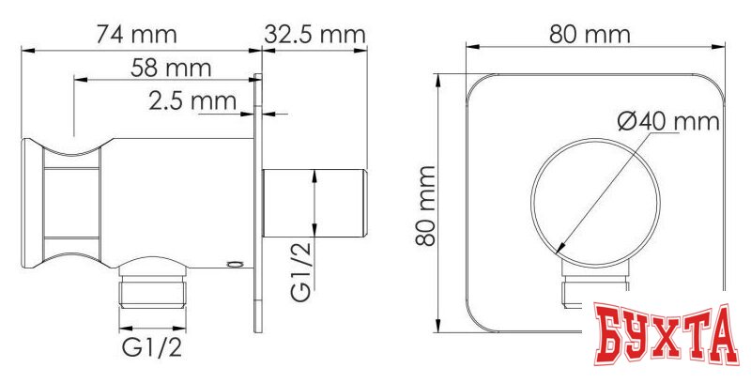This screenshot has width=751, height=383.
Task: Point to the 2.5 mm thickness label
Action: [192, 100]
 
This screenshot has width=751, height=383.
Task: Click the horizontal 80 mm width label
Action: [588, 34]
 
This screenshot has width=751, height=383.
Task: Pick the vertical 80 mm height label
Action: [427, 204]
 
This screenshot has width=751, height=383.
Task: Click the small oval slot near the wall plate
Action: [234, 266]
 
